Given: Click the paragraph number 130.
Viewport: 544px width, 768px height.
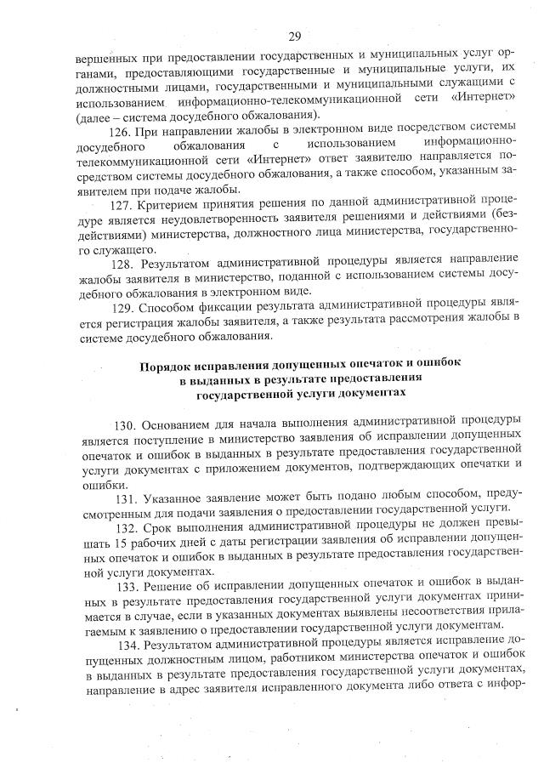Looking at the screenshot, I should pyautogui.click(x=127, y=423).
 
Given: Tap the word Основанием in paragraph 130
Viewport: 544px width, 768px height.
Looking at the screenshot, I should pyautogui.click(x=180, y=423).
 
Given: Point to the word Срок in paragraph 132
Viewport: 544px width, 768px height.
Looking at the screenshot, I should pyautogui.click(x=165, y=527).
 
